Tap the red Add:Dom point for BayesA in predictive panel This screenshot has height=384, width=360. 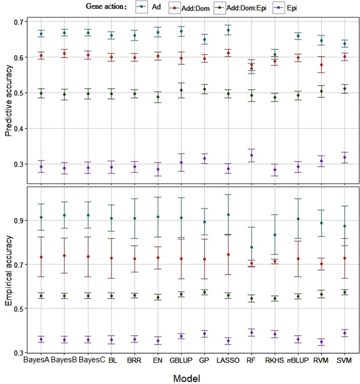click(x=41, y=56)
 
